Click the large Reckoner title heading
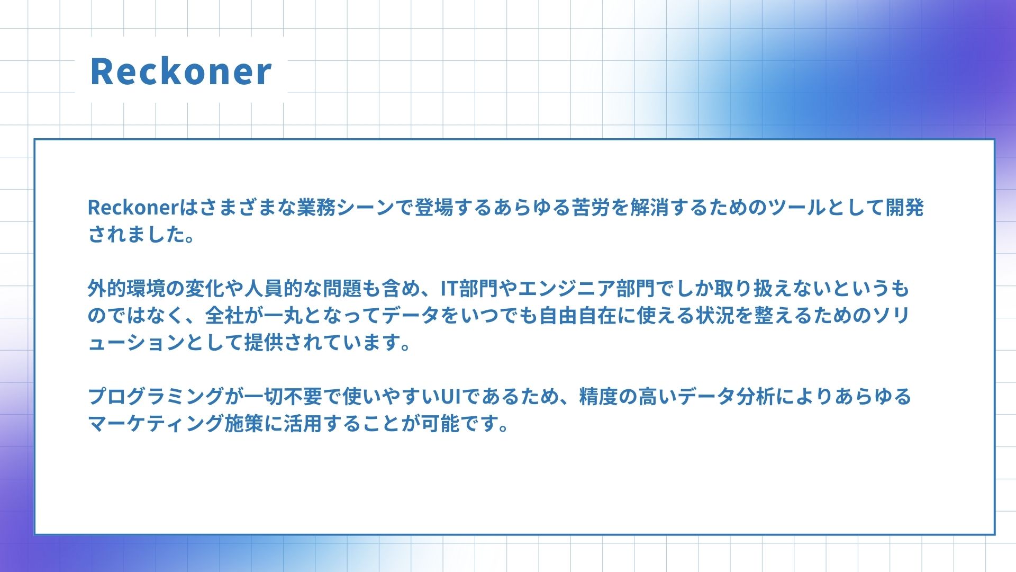pyautogui.click(x=181, y=71)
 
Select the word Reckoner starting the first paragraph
pyautogui.click(x=134, y=208)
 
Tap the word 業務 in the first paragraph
pyautogui.click(x=316, y=208)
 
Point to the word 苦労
pyautogui.click(x=591, y=208)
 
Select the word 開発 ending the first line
pyautogui.click(x=904, y=208)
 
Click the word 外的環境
pyautogui.click(x=127, y=289)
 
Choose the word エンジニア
pyautogui.click(x=566, y=289)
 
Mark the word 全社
pyautogui.click(x=225, y=316)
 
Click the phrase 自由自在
pyautogui.click(x=578, y=316)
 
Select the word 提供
pyautogui.click(x=264, y=343)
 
